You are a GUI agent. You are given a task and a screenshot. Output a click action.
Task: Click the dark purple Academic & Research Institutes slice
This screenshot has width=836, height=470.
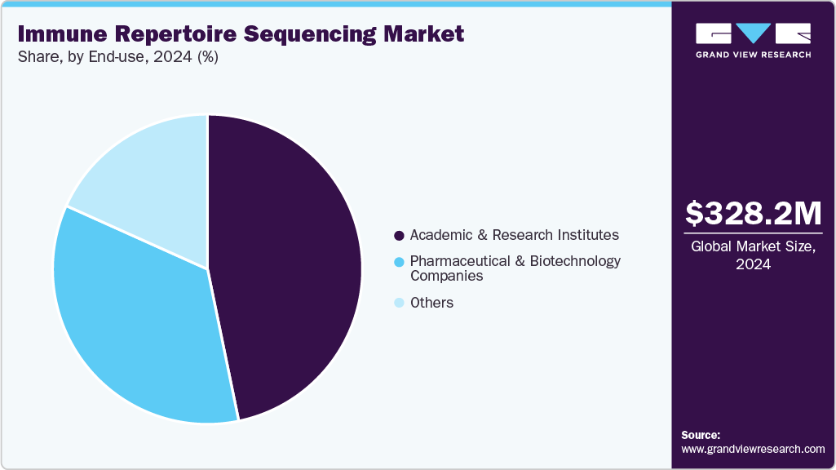[285, 261]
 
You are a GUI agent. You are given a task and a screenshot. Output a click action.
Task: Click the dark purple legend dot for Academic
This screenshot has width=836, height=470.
[399, 236]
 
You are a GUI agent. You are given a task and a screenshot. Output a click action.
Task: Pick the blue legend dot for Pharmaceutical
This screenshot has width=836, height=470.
[399, 262]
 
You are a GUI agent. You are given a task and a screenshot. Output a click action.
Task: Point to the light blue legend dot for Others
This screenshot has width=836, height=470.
[399, 304]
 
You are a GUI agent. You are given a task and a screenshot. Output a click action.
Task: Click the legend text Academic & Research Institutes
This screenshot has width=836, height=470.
[514, 235]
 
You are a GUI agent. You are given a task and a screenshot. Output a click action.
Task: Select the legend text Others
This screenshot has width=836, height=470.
[431, 303]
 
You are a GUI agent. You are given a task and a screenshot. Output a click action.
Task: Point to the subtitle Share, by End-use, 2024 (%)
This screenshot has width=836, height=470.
[117, 57]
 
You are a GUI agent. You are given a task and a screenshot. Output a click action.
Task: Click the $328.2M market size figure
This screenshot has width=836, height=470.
[753, 213]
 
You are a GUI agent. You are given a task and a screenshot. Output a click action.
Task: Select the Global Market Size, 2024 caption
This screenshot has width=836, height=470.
[753, 255]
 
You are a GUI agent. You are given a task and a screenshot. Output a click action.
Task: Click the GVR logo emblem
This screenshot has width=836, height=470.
[753, 33]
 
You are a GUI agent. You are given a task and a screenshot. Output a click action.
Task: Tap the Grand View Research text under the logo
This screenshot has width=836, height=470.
[753, 55]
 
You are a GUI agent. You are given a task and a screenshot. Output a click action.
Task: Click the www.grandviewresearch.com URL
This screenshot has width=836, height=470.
[753, 449]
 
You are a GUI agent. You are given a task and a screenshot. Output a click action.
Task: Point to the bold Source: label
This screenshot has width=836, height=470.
[701, 435]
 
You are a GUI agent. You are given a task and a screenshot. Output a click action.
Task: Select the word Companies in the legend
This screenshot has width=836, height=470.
[446, 276]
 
